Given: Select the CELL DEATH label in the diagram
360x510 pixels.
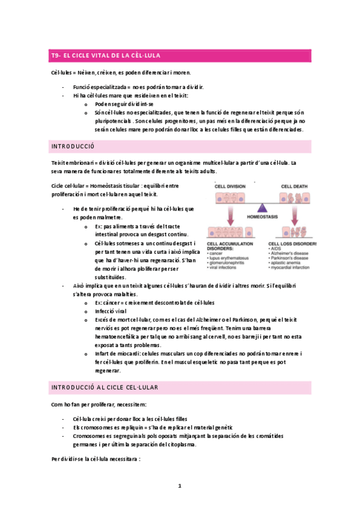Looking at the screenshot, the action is point(294,187).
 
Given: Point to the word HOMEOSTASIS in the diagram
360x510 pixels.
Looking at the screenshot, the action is point(262,216).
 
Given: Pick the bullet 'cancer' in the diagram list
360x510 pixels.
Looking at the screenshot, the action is point(217,254).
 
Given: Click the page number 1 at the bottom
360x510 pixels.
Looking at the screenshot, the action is point(179,485).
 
